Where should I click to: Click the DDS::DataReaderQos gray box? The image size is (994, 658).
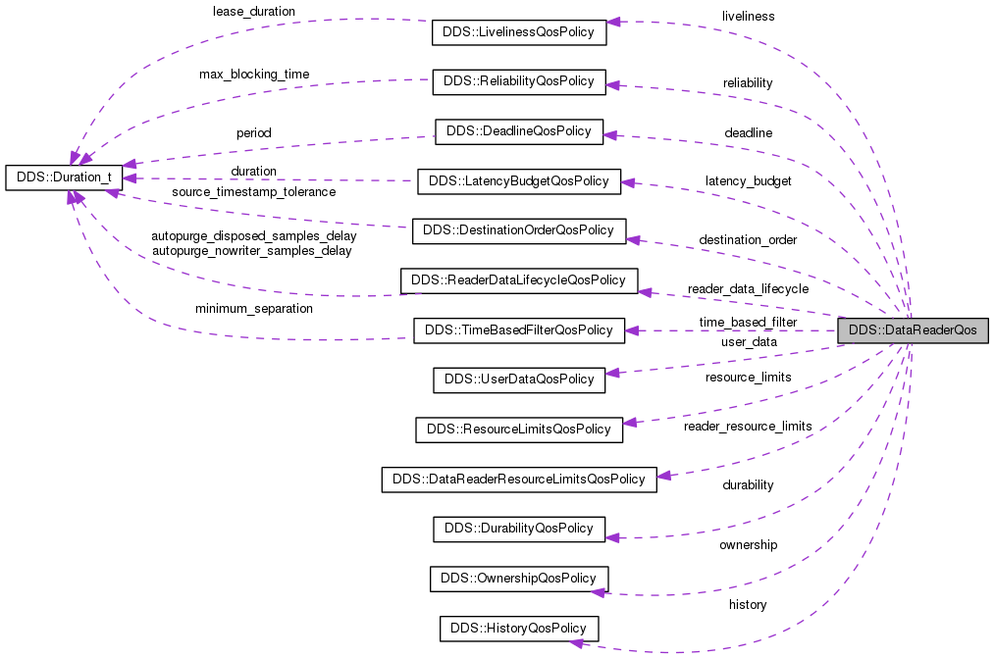click(913, 330)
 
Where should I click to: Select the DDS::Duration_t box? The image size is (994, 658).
click(65, 177)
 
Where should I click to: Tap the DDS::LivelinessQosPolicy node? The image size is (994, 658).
click(518, 32)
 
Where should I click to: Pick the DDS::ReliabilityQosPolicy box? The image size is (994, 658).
click(518, 81)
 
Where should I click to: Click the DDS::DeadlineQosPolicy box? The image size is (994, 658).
click(518, 131)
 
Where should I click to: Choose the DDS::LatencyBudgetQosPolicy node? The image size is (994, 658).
click(518, 181)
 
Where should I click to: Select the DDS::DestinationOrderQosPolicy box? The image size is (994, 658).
click(518, 231)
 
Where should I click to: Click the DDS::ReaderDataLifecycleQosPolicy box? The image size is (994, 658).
click(518, 280)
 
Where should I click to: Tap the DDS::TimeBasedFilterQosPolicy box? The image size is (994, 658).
click(518, 330)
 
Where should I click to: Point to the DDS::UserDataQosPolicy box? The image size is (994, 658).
click(518, 380)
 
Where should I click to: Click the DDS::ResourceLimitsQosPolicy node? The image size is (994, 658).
click(518, 430)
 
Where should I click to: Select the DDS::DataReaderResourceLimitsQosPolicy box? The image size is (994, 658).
click(518, 480)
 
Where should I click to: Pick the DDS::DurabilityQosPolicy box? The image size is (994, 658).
click(518, 529)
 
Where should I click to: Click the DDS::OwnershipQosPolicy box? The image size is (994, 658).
click(518, 579)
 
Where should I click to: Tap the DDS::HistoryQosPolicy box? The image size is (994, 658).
click(518, 628)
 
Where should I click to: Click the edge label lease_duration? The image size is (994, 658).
click(253, 12)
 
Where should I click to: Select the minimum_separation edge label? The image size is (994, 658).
click(253, 309)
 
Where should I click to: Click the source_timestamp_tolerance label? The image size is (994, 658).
click(253, 192)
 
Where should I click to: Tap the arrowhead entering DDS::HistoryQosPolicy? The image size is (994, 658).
click(578, 642)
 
